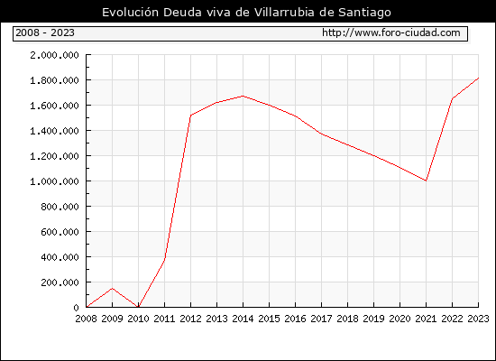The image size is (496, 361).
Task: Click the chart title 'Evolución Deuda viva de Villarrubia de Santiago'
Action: [x=246, y=12]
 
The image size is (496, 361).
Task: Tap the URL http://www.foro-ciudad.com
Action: [x=391, y=32]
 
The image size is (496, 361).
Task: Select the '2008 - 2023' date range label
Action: [x=45, y=32]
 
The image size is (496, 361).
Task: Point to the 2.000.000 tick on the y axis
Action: [x=54, y=55]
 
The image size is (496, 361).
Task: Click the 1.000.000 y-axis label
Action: [x=54, y=181]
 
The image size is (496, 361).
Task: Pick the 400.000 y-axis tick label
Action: [x=60, y=257]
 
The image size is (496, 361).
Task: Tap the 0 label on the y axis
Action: [x=76, y=308]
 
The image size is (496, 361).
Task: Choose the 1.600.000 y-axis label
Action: [x=54, y=106]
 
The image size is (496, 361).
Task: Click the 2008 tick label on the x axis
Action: [x=86, y=319]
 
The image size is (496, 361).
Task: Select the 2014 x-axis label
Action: [x=243, y=319]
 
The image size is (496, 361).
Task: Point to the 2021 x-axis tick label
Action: [x=426, y=319]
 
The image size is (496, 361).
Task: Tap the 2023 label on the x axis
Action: [x=478, y=319]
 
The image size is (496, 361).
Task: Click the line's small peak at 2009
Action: [x=113, y=288]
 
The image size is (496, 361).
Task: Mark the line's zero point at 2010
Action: [x=138, y=307]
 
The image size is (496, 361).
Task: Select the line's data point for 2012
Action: [x=191, y=116]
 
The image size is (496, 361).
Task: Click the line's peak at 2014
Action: [x=243, y=96]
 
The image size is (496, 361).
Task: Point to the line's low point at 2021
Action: [x=426, y=180]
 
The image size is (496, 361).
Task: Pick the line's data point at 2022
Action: [x=453, y=98]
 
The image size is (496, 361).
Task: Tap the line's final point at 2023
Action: [x=478, y=78]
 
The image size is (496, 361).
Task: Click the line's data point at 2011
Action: [x=164, y=259]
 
